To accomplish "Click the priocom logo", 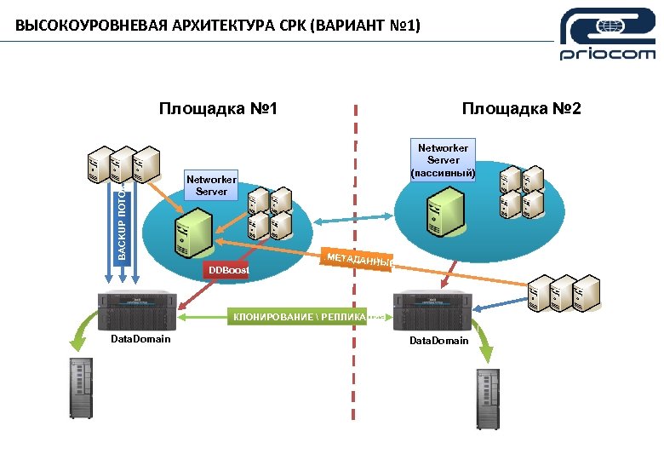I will (x=608, y=34).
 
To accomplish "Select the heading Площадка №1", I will (x=219, y=109).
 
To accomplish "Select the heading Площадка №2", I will (x=521, y=109).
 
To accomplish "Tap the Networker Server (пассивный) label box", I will (x=443, y=159).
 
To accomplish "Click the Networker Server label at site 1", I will (x=211, y=185).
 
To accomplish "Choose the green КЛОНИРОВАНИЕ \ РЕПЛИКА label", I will (x=298, y=317).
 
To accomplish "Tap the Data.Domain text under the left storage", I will (x=140, y=339).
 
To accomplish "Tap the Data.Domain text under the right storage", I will (x=438, y=341).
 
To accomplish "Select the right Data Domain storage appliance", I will (x=434, y=311).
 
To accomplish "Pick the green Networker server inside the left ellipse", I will (x=191, y=233).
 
